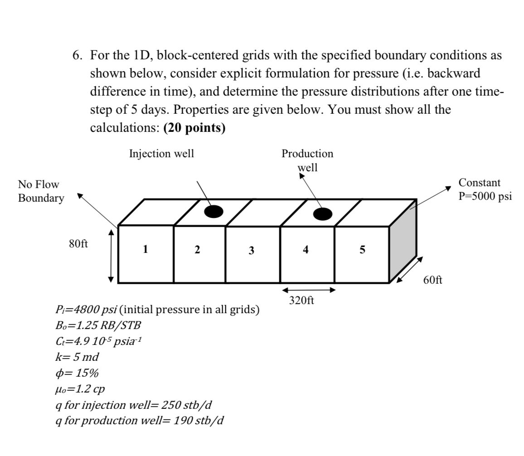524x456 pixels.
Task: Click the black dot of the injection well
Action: coord(213,211)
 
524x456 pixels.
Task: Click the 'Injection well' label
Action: coord(161,154)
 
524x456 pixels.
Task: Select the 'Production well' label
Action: coord(307,160)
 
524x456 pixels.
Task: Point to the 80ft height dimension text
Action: coord(78,243)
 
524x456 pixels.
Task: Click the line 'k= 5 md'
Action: coord(76,357)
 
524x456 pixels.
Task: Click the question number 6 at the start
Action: coord(77,56)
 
